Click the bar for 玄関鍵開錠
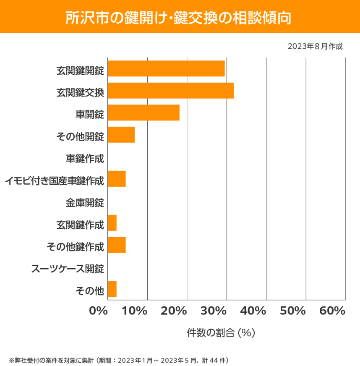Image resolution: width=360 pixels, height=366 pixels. (x=166, y=68)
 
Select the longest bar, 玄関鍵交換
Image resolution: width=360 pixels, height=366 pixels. (x=171, y=91)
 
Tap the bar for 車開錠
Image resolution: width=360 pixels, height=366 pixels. (x=143, y=113)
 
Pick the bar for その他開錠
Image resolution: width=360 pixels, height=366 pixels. (x=121, y=135)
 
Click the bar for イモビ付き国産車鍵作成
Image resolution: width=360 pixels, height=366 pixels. (x=117, y=179)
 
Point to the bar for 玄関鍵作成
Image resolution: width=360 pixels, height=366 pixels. (x=112, y=223)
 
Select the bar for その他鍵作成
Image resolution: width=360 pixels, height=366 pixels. (x=117, y=245)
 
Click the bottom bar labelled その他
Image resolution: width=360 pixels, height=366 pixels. (x=112, y=290)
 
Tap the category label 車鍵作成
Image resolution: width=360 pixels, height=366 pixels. (x=85, y=158)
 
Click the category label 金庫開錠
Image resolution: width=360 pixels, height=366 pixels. (x=85, y=203)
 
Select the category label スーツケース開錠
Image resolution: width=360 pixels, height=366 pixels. (x=68, y=269)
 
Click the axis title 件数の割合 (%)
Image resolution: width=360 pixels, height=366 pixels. (x=221, y=333)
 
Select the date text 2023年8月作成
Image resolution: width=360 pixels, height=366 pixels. (x=315, y=46)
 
